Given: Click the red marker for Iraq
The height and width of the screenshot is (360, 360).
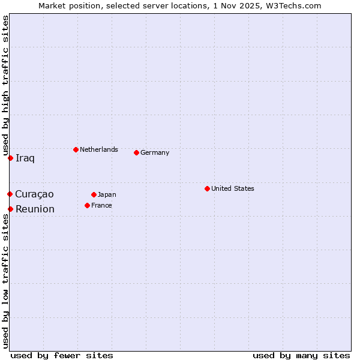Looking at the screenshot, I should click(10, 158).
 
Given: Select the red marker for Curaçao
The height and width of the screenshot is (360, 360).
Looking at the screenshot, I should click(10, 194).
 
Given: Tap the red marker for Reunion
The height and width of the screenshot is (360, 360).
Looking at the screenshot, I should click(10, 209).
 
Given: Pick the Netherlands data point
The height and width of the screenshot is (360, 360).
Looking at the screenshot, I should click(76, 149).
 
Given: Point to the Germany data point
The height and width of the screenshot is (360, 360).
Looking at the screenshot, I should click(136, 152).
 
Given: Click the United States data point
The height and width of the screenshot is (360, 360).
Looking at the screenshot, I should click(207, 188).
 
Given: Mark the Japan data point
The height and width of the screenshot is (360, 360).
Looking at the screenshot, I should click(94, 194).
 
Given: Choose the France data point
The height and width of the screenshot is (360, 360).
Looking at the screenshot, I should click(87, 205).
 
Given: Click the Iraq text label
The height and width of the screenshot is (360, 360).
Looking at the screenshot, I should click(25, 158).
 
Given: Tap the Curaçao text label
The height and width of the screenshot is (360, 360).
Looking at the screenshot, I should click(34, 194).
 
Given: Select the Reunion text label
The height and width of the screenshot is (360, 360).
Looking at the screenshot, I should click(35, 209).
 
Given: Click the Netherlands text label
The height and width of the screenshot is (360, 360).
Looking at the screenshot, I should click(99, 149).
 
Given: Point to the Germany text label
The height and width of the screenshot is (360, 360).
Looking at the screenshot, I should click(155, 152).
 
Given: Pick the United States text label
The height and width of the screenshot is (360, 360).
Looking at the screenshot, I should click(233, 188).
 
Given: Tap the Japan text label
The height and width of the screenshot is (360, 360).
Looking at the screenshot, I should click(107, 194).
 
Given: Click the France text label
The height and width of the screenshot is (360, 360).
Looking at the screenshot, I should click(101, 205).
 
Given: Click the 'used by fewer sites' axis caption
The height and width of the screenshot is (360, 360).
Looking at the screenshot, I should click(62, 355).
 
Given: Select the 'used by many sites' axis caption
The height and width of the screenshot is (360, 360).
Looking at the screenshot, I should click(301, 355).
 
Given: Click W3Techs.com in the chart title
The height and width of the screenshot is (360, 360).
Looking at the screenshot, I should click(295, 5).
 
